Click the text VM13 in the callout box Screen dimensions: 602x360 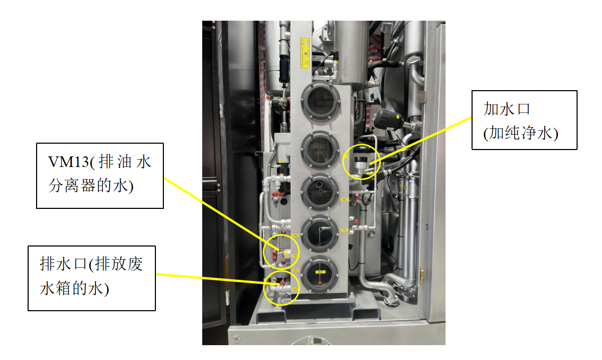67,162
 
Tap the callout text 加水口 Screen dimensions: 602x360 507,109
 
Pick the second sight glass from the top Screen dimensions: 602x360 320,150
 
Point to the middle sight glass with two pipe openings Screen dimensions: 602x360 320,191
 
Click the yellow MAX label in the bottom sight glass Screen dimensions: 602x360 320,272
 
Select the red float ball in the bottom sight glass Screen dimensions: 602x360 319,284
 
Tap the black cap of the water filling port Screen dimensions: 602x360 360,159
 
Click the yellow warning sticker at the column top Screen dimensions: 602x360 305,52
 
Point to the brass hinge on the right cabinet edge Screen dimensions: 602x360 422,274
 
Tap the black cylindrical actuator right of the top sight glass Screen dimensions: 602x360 389,118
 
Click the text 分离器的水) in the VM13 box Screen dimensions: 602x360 91,186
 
